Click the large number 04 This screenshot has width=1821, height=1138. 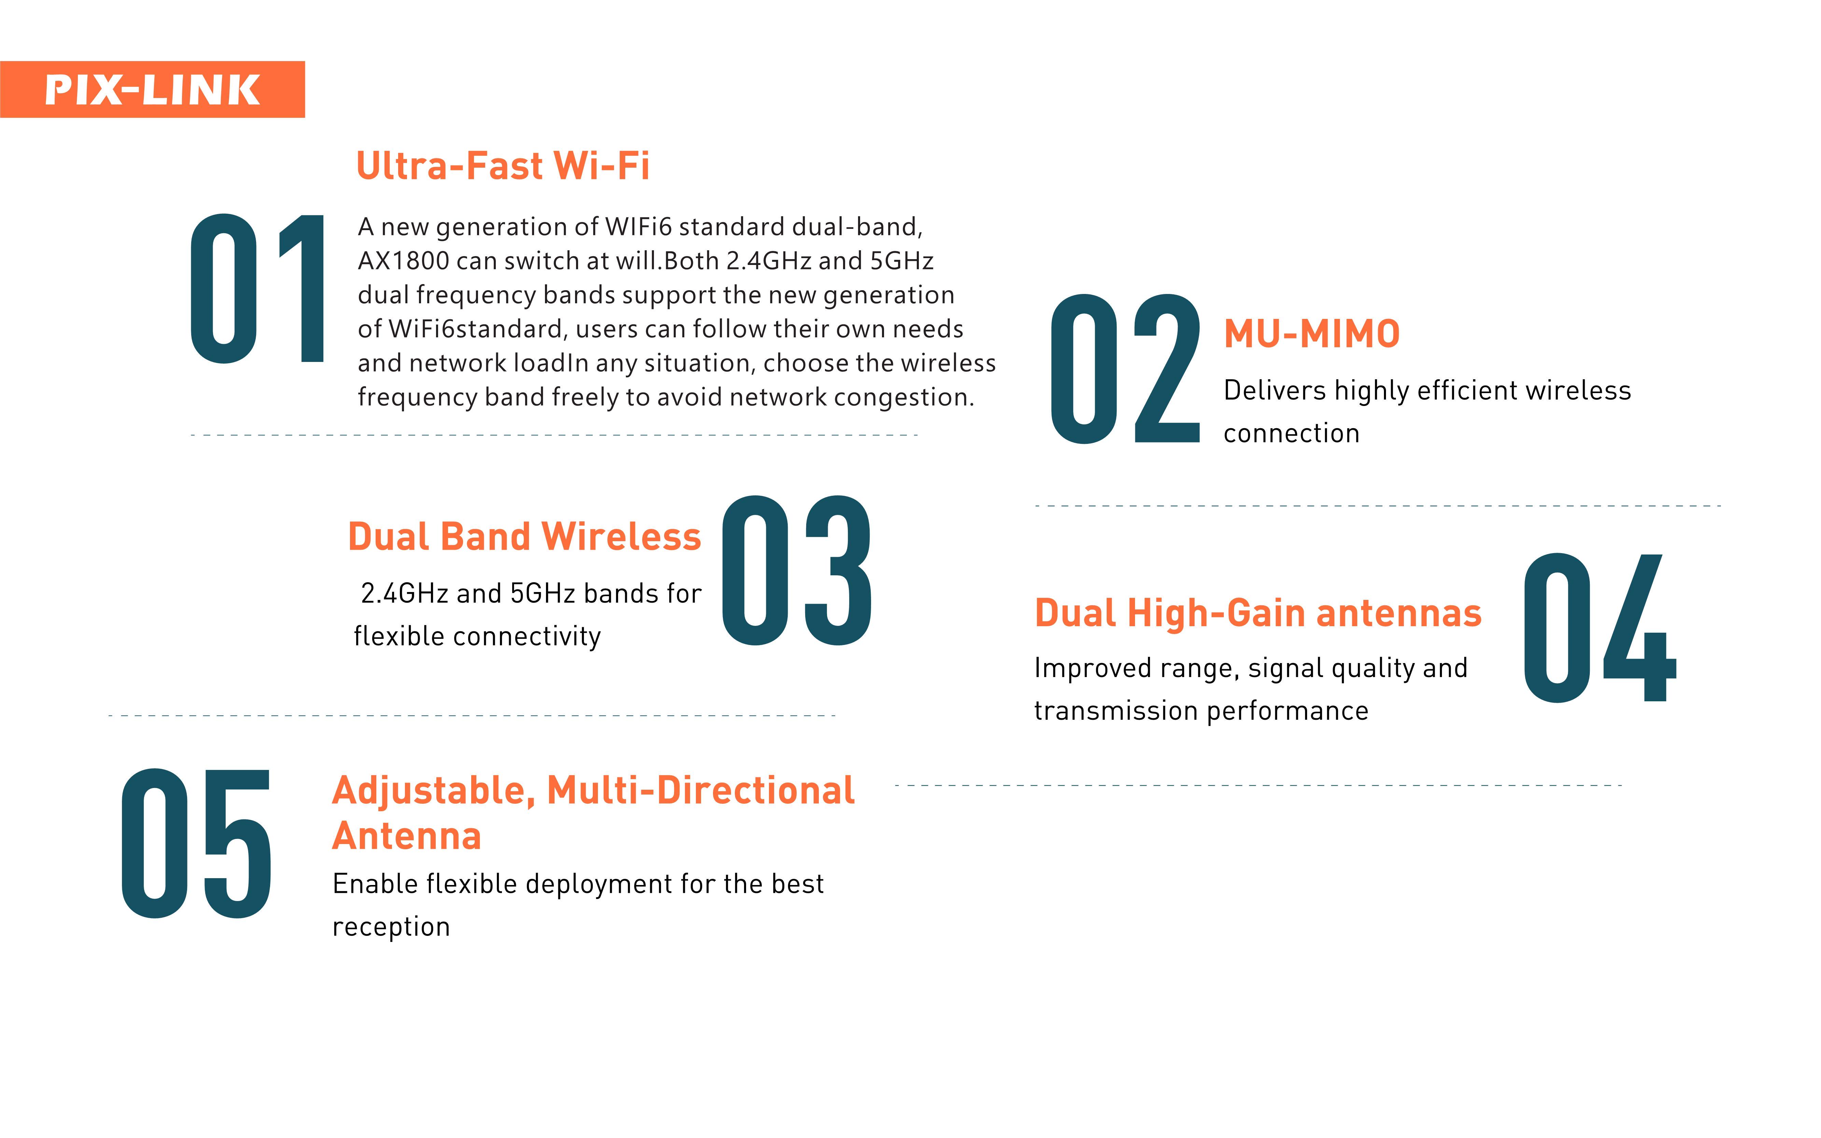click(1600, 628)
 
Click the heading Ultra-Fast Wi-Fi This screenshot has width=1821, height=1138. click(503, 166)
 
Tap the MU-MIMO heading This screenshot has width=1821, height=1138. click(1312, 334)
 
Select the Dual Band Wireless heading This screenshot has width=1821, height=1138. click(524, 537)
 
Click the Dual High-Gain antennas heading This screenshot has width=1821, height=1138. click(1258, 614)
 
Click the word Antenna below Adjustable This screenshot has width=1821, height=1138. click(406, 835)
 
